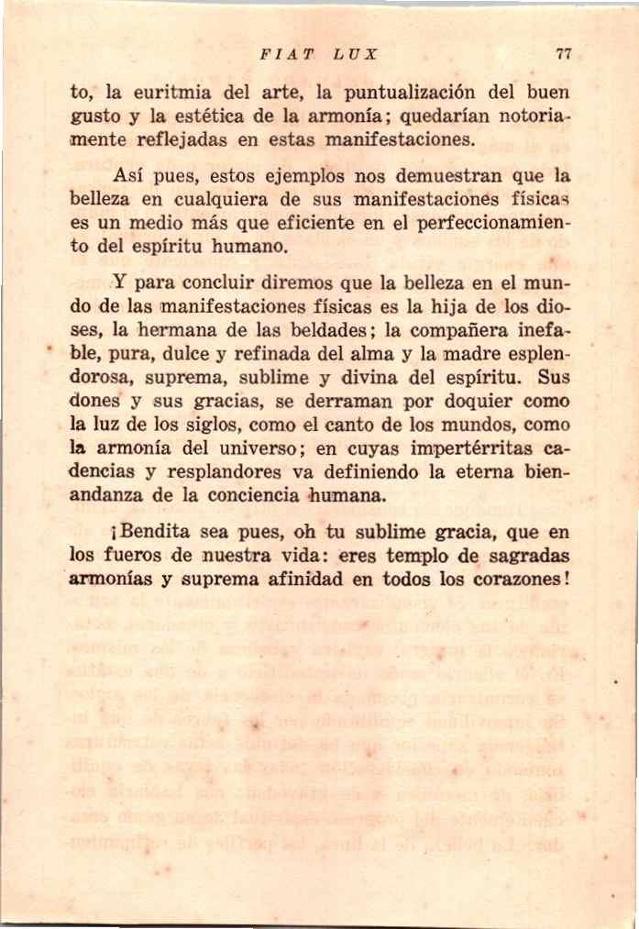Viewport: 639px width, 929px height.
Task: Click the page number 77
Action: click(564, 54)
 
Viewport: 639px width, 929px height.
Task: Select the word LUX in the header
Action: click(356, 54)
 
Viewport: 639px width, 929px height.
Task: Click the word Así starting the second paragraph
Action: click(130, 173)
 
